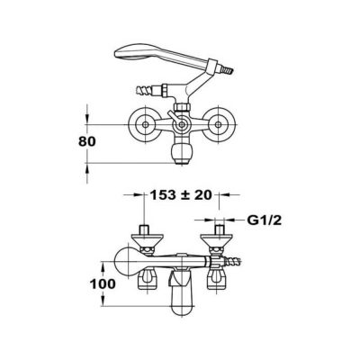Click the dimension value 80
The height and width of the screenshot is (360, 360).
[x=87, y=141]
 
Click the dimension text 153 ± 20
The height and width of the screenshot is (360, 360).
[x=181, y=195]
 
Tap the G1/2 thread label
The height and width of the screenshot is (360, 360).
[x=265, y=220]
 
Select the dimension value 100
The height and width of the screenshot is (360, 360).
[x=103, y=283]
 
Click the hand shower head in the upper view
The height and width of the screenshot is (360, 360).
[x=135, y=53]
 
